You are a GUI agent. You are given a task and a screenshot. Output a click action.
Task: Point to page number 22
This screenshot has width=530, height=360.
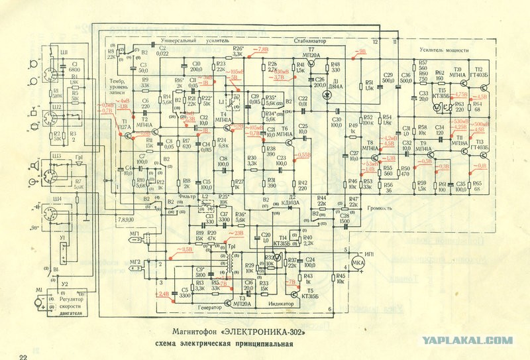[x=24, y=357]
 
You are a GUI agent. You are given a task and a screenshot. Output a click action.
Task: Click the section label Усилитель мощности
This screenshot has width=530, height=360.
[x=443, y=50]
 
